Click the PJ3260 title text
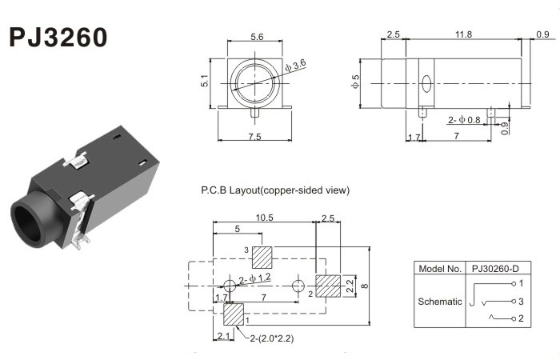click(58, 38)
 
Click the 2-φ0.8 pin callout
click(465, 120)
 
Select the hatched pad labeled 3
click(262, 258)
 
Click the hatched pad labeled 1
click(234, 314)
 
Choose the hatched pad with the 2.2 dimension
click(328, 286)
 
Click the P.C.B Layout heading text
click(275, 190)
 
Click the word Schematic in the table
click(440, 302)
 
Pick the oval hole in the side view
click(426, 82)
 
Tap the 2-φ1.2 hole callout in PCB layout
click(255, 278)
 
